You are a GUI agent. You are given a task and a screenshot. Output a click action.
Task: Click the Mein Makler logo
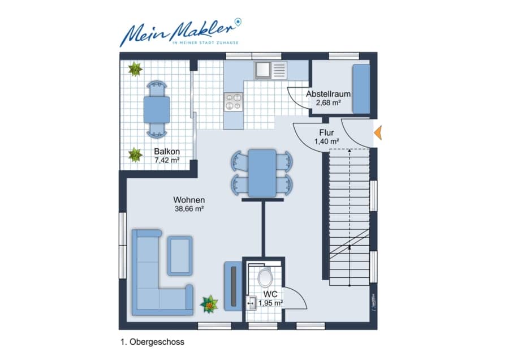coord(181,32)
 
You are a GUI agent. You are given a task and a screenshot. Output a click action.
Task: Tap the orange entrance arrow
coord(378,132)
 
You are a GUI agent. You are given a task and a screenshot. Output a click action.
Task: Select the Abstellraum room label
coord(328,94)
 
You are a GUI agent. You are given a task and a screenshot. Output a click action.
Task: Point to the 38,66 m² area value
coord(189,209)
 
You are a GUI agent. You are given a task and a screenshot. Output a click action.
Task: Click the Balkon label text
coord(167,151)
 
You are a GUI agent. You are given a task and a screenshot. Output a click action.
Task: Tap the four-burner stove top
coord(233,101)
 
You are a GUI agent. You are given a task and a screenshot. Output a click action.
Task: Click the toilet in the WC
coord(265,277)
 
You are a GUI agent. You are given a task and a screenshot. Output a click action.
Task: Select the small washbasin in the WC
coord(251,303)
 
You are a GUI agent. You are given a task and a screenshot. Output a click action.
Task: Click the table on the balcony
coord(157,109)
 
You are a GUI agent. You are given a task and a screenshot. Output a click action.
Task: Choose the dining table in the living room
coord(262,173)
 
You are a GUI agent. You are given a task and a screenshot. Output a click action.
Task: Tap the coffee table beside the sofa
coord(180,256)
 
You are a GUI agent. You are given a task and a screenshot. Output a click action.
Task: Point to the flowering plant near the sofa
coord(209,304)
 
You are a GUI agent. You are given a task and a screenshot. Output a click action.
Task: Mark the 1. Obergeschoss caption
coord(152,342)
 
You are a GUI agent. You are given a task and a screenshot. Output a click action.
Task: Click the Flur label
coord(326,132)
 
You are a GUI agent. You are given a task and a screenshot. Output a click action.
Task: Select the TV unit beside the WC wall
coord(233,286)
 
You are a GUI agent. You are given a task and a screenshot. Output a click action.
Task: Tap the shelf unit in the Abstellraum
coord(361,89)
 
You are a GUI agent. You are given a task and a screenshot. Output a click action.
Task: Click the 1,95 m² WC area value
coord(270,303)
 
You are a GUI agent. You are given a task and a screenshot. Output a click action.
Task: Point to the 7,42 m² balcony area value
coord(167,160)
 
